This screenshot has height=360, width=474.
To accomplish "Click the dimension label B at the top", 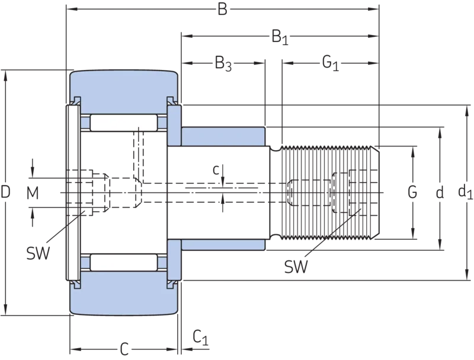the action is point(222,9).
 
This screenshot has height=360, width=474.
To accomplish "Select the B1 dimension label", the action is point(280,37).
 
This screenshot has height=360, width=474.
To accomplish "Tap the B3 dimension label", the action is point(223,64).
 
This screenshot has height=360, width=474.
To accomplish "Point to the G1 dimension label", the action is point(331,63).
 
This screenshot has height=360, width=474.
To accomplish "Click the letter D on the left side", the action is point(5,192).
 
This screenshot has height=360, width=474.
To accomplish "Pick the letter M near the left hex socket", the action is point(33,193).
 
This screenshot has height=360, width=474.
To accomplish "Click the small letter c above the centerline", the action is point(216,170).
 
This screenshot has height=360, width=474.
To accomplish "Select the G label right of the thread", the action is point(412,192).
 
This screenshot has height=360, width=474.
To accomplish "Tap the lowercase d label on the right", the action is point(440,192).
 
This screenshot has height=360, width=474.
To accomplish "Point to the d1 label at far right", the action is point(465,192).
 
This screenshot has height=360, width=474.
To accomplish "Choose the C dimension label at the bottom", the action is point(124,349).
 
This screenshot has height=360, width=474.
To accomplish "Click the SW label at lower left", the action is point(38,253).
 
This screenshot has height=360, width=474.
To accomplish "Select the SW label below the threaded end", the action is point(296,266).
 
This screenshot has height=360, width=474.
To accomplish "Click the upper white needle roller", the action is point(124,123).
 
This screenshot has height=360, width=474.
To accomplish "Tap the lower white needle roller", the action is point(124,262).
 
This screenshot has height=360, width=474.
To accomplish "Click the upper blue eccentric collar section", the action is point(223,137).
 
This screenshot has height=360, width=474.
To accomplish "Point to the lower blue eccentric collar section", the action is point(223,245).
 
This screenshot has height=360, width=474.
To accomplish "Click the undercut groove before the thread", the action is point(275,193).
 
